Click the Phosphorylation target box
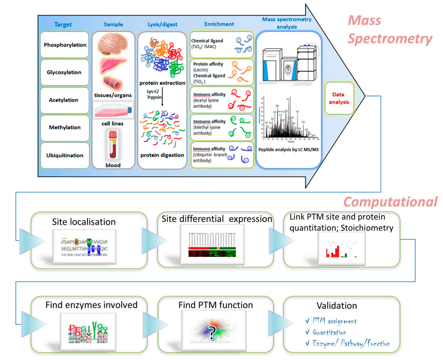(x=65, y=45)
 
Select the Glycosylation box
(x=64, y=72)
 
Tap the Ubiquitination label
(x=65, y=155)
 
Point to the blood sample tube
(x=113, y=144)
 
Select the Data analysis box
(x=339, y=98)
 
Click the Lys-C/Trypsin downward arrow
(x=162, y=97)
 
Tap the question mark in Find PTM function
(x=212, y=332)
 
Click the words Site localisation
(x=84, y=222)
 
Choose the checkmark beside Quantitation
(x=307, y=332)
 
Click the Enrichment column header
(x=219, y=24)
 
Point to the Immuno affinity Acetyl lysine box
(x=221, y=100)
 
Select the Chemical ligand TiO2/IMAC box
(x=221, y=44)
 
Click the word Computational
(x=390, y=202)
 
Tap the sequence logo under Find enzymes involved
(x=88, y=332)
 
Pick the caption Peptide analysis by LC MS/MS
(x=288, y=149)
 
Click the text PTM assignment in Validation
(x=334, y=321)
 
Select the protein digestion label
(x=162, y=155)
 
